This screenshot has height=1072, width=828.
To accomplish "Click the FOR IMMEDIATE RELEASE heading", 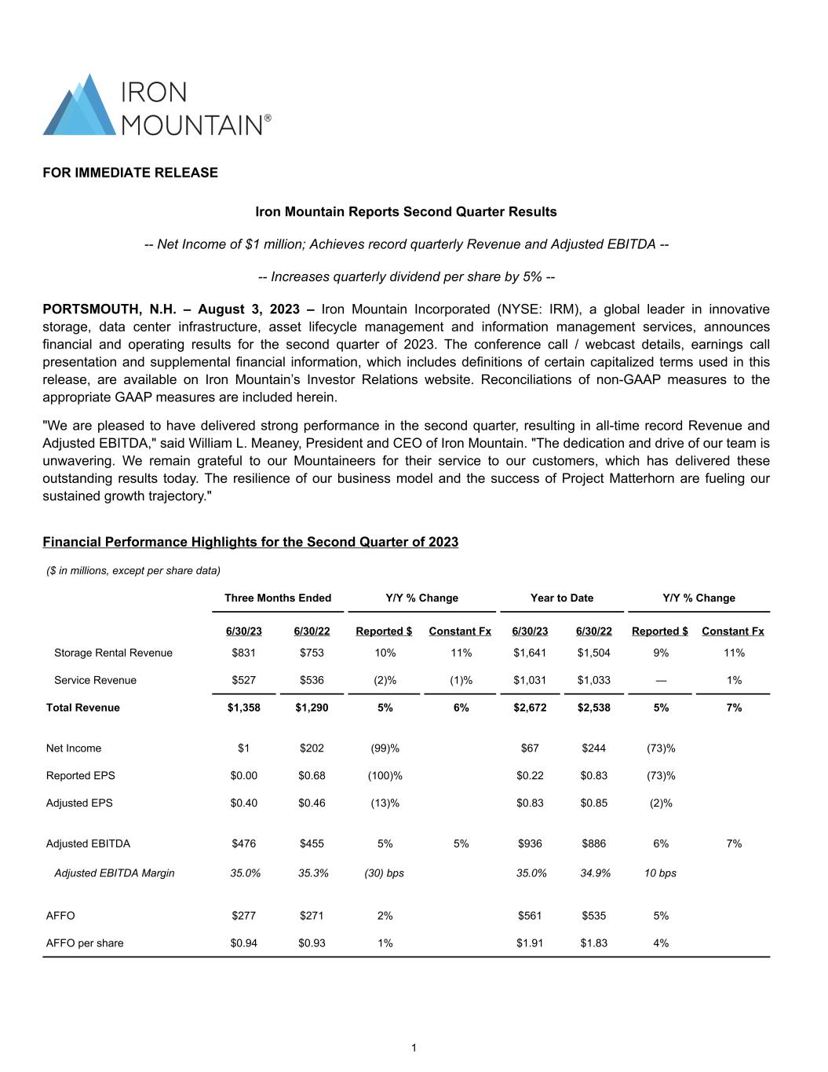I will pyautogui.click(x=130, y=173).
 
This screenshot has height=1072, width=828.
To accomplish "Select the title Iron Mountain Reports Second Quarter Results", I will pyautogui.click(x=406, y=212).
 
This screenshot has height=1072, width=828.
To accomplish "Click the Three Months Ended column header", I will pyautogui.click(x=278, y=598).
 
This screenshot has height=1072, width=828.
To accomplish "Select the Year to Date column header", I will pyautogui.click(x=561, y=598).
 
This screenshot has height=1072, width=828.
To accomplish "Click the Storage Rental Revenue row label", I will pyautogui.click(x=113, y=653).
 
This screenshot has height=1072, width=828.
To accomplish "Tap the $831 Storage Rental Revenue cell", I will pyautogui.click(x=243, y=653).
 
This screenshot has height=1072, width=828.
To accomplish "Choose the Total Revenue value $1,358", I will pyautogui.click(x=243, y=708).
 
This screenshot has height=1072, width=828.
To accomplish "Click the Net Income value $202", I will pyautogui.click(x=312, y=748).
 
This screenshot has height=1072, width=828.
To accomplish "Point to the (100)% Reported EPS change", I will pyautogui.click(x=385, y=776).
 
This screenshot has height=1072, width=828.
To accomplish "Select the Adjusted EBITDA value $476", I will pyautogui.click(x=243, y=844).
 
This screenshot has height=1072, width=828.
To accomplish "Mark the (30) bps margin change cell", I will pyautogui.click(x=385, y=873).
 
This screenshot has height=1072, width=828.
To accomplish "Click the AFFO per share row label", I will pyautogui.click(x=85, y=943).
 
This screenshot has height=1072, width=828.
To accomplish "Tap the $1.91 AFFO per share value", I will pyautogui.click(x=530, y=943).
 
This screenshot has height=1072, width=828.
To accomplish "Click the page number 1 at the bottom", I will pyautogui.click(x=414, y=1048).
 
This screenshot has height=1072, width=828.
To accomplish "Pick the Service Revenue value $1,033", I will pyautogui.click(x=593, y=681).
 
